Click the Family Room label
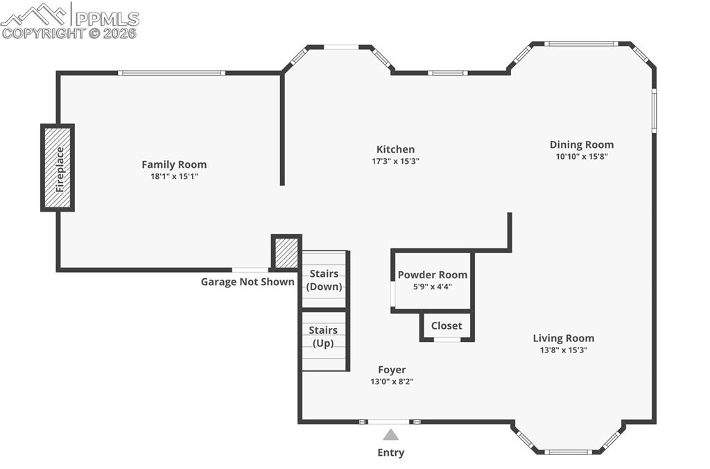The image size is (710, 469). click(174, 164)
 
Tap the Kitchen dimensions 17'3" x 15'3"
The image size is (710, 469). click(395, 161)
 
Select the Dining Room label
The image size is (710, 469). click(581, 144)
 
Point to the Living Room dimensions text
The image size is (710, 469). click(564, 350)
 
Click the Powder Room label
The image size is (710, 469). click(432, 275)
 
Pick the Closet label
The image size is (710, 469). click(447, 325)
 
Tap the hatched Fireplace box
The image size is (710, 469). click(58, 168)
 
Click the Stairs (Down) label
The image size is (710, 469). click(324, 280)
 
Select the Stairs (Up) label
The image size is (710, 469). click(324, 336)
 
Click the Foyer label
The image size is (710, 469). click(392, 370)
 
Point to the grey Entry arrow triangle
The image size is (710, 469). click(391, 435)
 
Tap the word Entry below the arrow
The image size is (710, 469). click(391, 452)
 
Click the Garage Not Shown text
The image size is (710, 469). click(248, 282)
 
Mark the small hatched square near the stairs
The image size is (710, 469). click(286, 253)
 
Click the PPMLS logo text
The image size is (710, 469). click(107, 18)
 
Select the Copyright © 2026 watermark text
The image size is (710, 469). click(69, 33)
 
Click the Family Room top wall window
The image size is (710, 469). click(171, 73)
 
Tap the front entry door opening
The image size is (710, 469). click(388, 421)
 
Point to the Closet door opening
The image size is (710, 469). click(447, 339)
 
